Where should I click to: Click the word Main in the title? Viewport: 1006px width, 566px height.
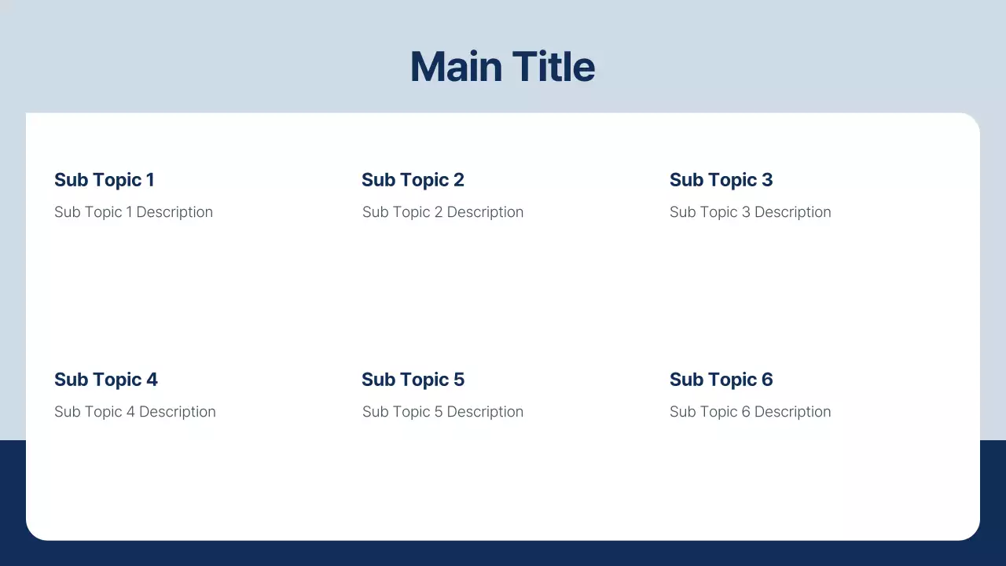[x=456, y=67]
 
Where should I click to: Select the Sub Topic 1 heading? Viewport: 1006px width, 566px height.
[x=104, y=180]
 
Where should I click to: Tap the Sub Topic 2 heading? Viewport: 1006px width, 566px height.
[x=413, y=180]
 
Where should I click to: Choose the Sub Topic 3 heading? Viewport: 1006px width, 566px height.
[x=721, y=180]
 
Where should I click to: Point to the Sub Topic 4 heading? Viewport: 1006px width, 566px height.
[x=105, y=380]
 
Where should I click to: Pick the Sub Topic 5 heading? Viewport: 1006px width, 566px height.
[x=413, y=380]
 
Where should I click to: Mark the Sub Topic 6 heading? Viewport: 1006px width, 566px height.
[x=721, y=380]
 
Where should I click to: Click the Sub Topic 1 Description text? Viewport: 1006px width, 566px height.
[x=134, y=212]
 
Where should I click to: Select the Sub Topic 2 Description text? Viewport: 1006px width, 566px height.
[x=442, y=212]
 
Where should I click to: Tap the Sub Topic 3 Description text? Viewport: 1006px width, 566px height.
[x=750, y=212]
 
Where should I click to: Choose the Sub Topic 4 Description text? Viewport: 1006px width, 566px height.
[x=134, y=412]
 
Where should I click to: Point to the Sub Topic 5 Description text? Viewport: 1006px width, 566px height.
[x=442, y=412]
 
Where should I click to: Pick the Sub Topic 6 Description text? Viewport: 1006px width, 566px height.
[x=750, y=412]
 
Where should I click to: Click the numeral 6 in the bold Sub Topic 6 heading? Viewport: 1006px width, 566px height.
[x=767, y=380]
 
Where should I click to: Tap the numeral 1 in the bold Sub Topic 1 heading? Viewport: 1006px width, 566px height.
[x=150, y=180]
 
